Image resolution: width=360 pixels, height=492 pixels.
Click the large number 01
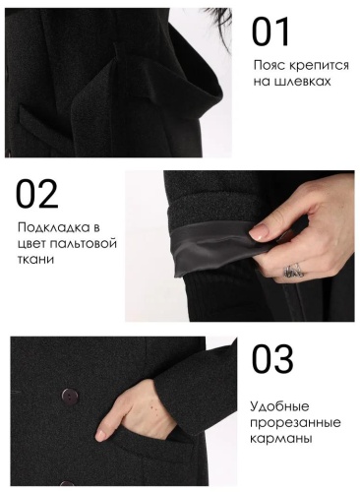tap(270, 31)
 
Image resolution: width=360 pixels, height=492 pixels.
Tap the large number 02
tap(36, 194)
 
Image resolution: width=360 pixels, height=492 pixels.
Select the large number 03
tap(272, 358)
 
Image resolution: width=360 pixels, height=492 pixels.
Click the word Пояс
tap(269, 65)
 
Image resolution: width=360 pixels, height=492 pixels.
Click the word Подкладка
tap(54, 227)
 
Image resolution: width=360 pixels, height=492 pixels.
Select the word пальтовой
tap(80, 244)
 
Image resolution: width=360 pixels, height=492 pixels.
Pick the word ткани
tap(35, 260)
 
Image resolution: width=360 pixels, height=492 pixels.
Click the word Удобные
tap(279, 406)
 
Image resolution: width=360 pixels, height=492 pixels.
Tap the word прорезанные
tap(295, 423)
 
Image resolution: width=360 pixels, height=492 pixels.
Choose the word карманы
tap(280, 439)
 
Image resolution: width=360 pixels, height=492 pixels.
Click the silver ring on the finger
tap(293, 271)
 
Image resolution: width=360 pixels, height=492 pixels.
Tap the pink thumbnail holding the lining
tap(259, 231)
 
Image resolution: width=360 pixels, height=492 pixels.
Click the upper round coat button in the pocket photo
tap(69, 397)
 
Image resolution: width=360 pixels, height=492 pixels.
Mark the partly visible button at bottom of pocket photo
tap(67, 483)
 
